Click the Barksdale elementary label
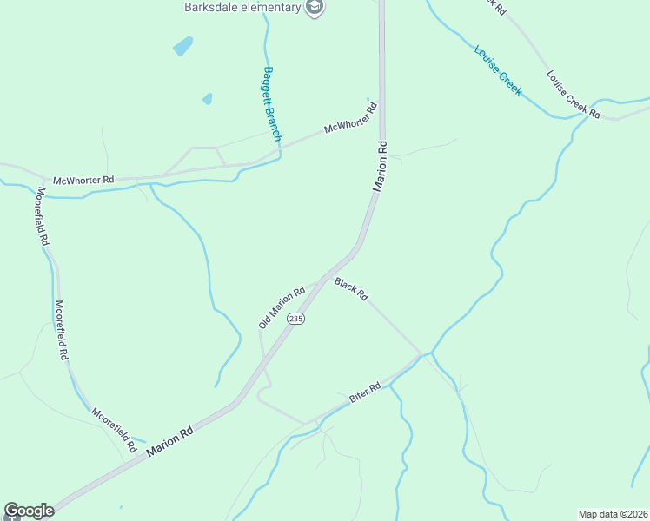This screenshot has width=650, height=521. [x=242, y=8]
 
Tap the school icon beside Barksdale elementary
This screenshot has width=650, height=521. [x=314, y=8]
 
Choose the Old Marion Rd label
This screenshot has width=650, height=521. [x=282, y=307]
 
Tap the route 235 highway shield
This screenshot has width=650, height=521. [x=296, y=319]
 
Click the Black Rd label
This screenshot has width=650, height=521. [x=351, y=290]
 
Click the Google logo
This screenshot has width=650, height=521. [x=29, y=511]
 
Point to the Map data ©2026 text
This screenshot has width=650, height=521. [x=612, y=514]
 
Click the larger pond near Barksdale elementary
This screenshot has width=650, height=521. [x=182, y=45]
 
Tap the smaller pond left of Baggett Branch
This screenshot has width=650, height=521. [x=207, y=99]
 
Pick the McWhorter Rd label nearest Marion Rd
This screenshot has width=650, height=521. [x=350, y=118]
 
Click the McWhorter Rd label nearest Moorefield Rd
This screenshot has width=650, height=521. [x=83, y=181]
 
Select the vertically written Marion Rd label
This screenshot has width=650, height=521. [x=380, y=165]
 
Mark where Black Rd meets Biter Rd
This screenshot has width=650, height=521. [x=422, y=354]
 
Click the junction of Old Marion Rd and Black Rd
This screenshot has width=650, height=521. [x=322, y=280]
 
